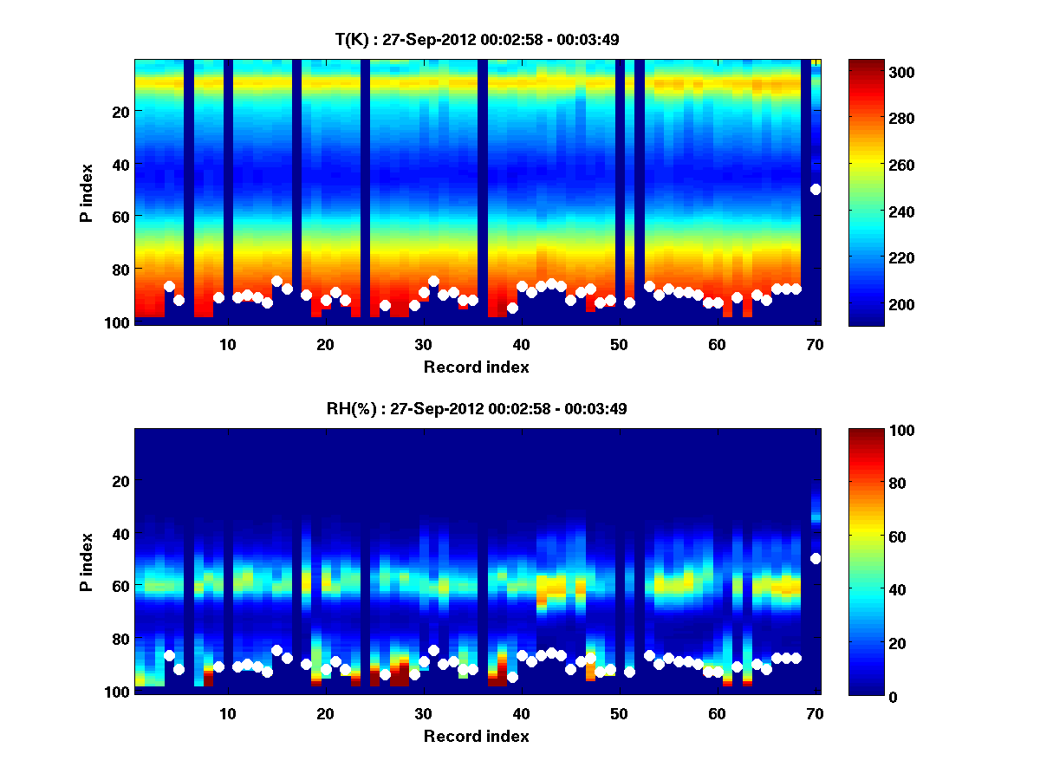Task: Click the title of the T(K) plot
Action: pos(477,39)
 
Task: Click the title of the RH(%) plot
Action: pos(477,408)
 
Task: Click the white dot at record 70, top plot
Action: pos(816,189)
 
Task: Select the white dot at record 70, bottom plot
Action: pos(816,558)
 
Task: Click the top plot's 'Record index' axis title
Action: pos(477,367)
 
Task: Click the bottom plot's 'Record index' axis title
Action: pos(477,737)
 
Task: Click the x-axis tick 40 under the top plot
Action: pos(521,344)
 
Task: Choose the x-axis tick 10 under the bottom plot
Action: pos(227,713)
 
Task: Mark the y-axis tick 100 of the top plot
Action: pos(119,322)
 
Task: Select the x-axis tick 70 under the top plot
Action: pos(815,344)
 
